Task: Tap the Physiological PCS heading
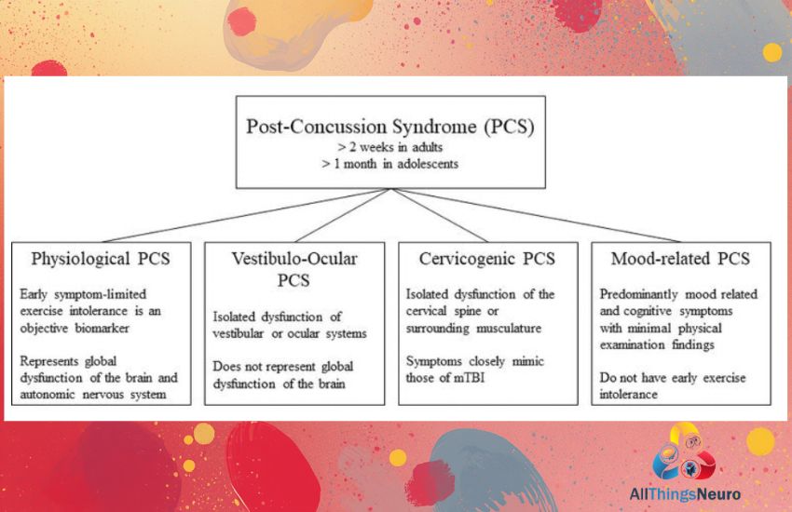[x=101, y=260]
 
